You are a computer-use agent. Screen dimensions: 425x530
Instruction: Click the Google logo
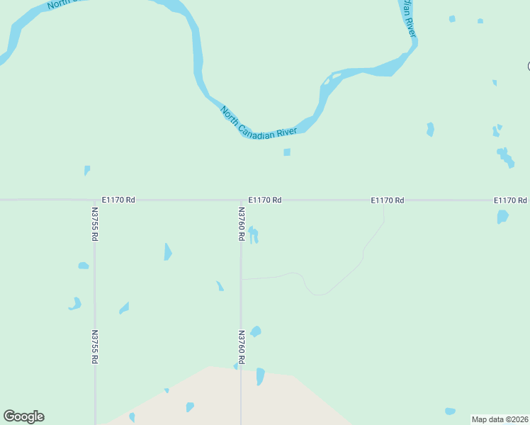tap(23, 416)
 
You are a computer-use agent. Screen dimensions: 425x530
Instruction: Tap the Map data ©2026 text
tap(500, 419)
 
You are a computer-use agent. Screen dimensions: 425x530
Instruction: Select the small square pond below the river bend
tap(287, 152)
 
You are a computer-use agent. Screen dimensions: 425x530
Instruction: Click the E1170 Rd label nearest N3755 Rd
tap(118, 200)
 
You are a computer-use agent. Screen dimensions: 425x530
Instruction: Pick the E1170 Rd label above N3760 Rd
tap(265, 200)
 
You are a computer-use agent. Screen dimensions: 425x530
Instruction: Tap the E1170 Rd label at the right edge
tap(510, 200)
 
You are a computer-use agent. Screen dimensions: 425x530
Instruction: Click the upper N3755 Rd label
tap(94, 224)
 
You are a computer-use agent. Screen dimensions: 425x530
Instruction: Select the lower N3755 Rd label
tap(94, 346)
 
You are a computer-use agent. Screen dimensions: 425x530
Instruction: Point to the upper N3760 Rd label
tap(241, 224)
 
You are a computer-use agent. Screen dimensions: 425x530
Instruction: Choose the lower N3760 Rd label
tap(241, 346)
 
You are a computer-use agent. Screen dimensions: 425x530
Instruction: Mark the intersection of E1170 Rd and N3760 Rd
tap(241, 200)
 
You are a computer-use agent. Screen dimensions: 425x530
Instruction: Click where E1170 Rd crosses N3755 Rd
tap(94, 200)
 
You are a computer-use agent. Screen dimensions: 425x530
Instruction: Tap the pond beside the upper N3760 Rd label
tap(254, 234)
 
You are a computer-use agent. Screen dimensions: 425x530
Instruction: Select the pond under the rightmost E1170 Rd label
tap(502, 217)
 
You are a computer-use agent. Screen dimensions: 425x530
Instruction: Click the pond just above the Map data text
tap(450, 411)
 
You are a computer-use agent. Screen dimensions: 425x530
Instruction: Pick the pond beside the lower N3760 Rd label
tap(256, 331)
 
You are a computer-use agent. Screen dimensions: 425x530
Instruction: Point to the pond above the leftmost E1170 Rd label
tap(87, 170)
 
